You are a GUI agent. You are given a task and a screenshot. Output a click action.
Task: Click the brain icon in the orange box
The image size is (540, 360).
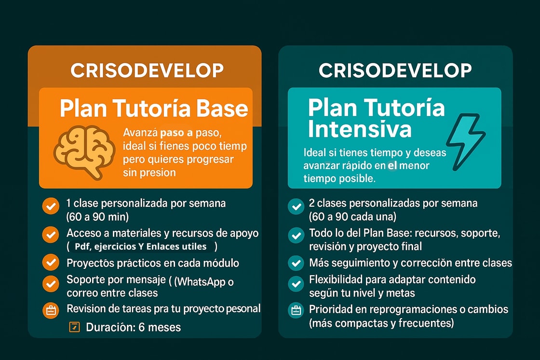84,152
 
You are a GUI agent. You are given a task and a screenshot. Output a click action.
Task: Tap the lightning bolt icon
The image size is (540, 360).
466,142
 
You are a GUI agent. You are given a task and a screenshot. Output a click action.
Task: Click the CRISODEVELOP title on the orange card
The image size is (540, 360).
147,70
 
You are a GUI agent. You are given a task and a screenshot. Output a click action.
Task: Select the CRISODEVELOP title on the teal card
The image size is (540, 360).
395,70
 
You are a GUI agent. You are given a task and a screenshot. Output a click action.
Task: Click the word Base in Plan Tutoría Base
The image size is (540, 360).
222,108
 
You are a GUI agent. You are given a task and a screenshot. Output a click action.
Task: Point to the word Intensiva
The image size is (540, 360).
360,130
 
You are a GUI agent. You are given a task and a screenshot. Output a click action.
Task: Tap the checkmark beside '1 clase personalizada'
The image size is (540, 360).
51,206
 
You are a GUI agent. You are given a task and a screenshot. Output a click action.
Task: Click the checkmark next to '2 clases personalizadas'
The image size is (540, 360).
296,206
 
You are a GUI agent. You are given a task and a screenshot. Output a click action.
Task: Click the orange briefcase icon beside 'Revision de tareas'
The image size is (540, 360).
51,310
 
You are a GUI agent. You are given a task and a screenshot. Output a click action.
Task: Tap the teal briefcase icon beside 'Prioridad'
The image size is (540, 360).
296,310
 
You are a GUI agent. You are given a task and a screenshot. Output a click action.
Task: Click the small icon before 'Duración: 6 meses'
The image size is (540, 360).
74,327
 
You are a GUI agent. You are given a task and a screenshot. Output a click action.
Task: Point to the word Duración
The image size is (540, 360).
110,327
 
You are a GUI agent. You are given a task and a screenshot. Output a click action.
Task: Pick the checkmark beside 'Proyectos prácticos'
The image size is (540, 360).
51,262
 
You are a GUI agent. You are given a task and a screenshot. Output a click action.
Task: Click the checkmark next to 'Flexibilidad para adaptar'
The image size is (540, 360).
296,284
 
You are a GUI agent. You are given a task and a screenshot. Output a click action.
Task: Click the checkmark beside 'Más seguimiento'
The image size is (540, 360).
296,263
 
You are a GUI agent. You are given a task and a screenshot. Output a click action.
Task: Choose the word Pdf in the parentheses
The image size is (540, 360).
82,246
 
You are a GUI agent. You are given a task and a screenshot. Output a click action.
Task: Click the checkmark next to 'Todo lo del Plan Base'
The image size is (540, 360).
296,236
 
